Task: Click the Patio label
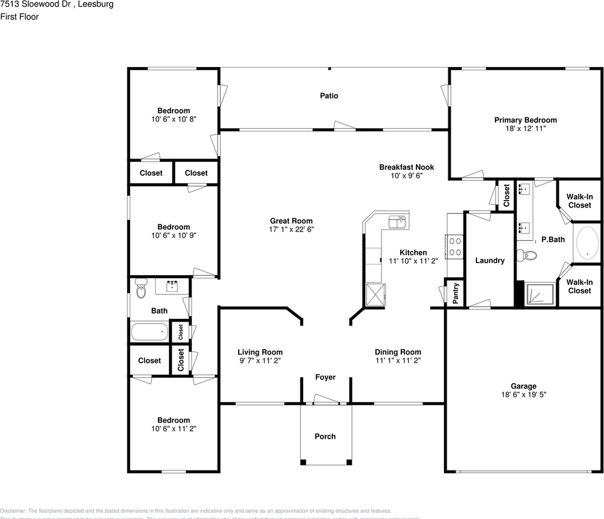tap(328, 96)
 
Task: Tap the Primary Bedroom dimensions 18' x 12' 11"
tap(525, 129)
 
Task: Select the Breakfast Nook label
tap(406, 167)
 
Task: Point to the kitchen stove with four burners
tap(455, 247)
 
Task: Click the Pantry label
tap(455, 293)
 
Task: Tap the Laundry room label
tap(489, 261)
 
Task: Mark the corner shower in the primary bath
tap(540, 294)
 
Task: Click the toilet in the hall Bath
tap(142, 289)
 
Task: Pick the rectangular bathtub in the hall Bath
tap(149, 331)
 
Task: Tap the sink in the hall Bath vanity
tap(172, 285)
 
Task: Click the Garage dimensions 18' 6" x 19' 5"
tap(524, 395)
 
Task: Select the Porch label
tap(325, 436)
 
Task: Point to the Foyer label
tap(325, 377)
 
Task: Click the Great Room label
tap(291, 221)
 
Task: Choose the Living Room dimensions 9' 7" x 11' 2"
tap(260, 360)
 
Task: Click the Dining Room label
tap(398, 352)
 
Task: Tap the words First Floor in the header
tap(19, 17)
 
